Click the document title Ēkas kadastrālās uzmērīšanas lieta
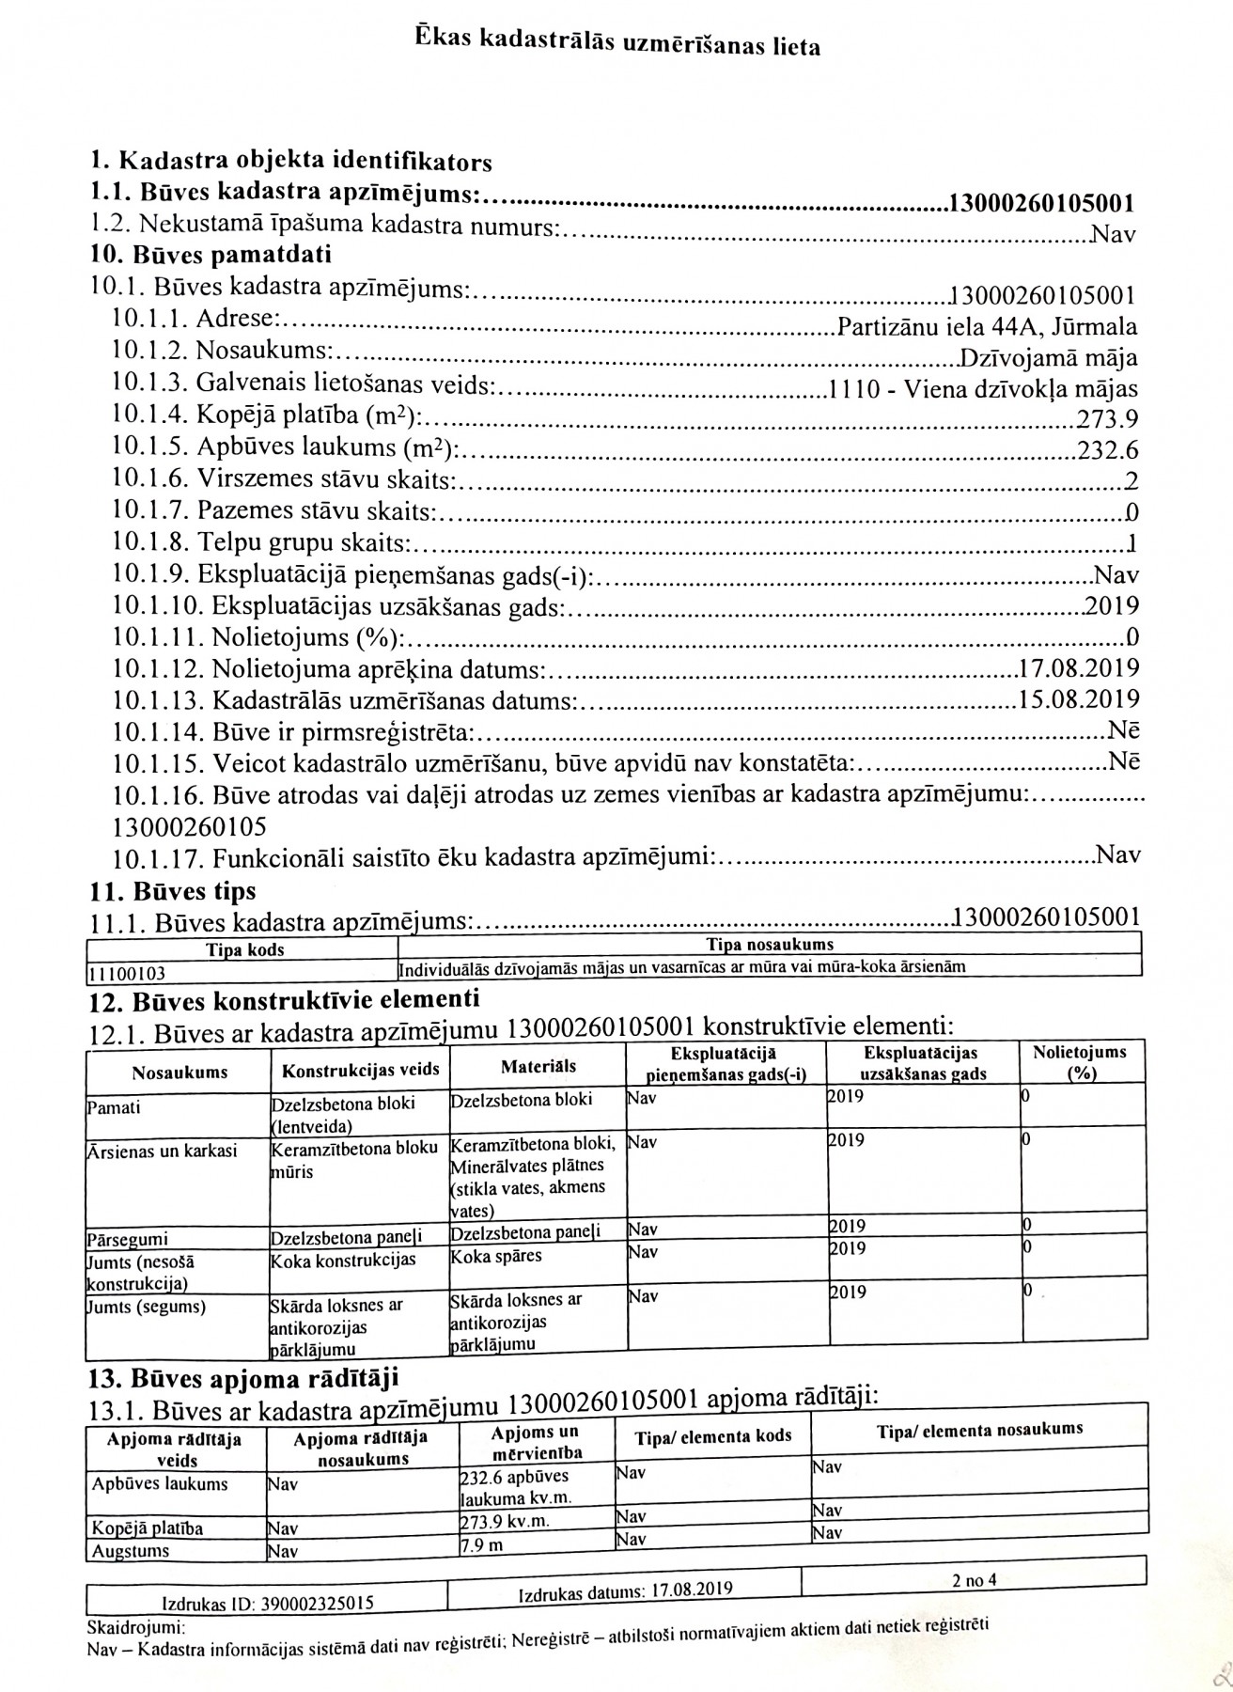pos(616,43)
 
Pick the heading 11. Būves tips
pos(173,890)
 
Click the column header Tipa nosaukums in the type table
pos(769,945)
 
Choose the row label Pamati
pos(114,1107)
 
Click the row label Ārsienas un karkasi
pos(162,1151)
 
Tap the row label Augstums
pos(131,1551)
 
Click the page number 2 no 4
pos(974,1580)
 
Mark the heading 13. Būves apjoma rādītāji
pos(242,1379)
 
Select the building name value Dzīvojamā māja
pos(1048,359)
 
